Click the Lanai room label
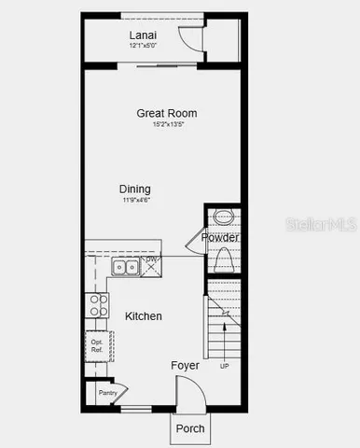(x=142, y=35)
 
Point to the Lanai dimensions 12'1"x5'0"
(x=142, y=46)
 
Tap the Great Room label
(x=167, y=113)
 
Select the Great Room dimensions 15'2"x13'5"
(x=167, y=124)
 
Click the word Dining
(x=135, y=189)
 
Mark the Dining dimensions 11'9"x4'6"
(x=135, y=200)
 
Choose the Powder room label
(x=220, y=238)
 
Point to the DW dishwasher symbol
(x=151, y=266)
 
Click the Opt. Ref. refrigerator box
(x=97, y=346)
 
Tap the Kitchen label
(x=144, y=316)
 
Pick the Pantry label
(x=106, y=393)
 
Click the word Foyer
(x=185, y=366)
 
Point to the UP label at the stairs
(x=224, y=366)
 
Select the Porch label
(x=190, y=428)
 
